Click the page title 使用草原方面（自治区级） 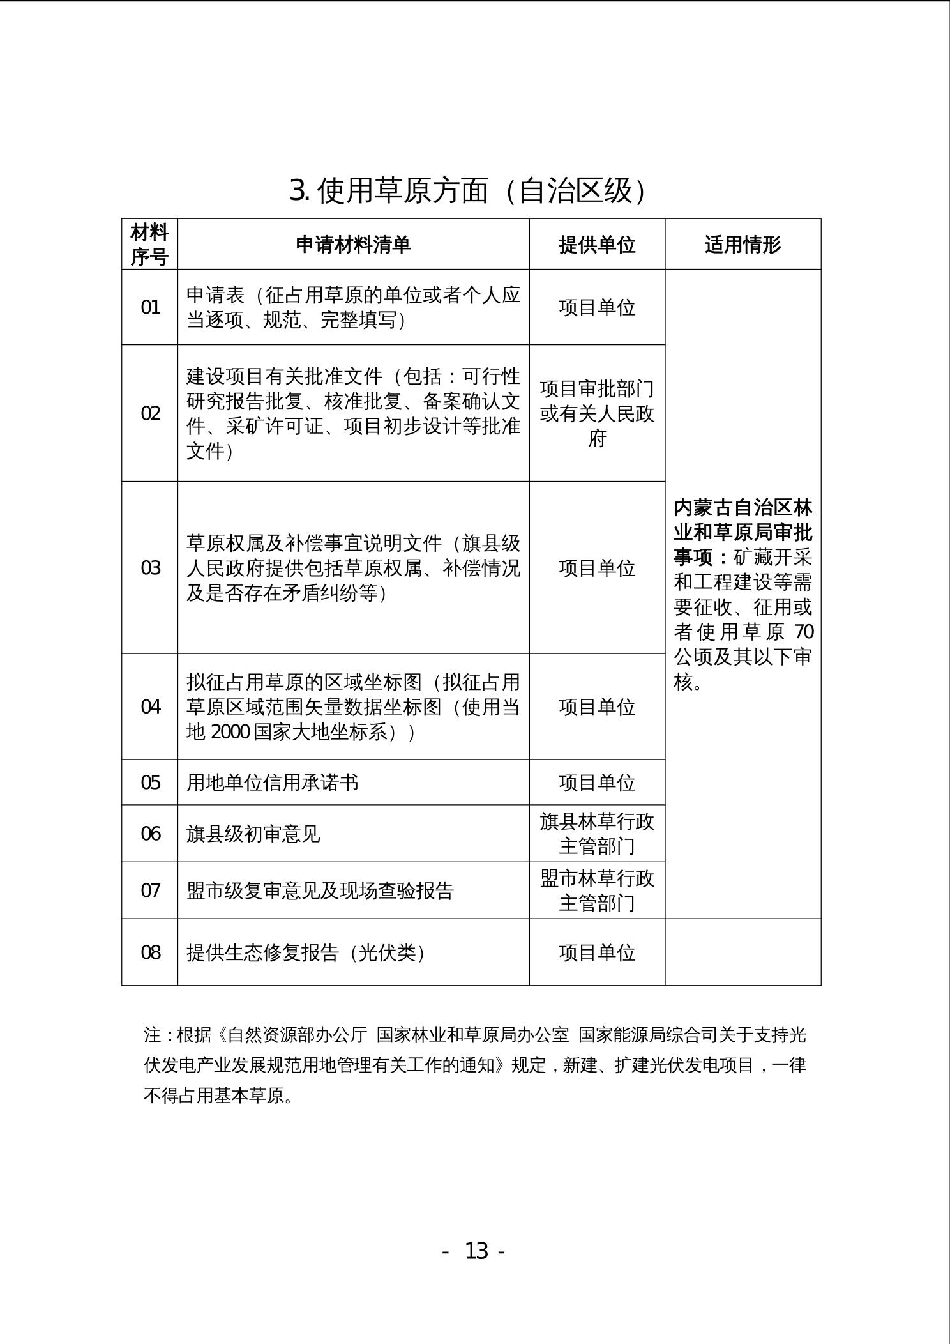point(468,190)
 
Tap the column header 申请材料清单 point(353,245)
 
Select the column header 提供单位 point(597,245)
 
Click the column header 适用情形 point(743,245)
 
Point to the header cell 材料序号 point(149,245)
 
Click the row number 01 point(151,307)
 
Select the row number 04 point(151,706)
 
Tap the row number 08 point(151,952)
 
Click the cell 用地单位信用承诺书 point(273,783)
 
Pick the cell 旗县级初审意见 point(253,834)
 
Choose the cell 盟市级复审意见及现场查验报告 point(320,890)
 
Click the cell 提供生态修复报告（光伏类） point(306,952)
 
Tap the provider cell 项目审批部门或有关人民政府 point(597,413)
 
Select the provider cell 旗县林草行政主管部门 point(597,834)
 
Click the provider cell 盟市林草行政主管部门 point(597,890)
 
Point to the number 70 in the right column point(804,632)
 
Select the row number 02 point(151,413)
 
